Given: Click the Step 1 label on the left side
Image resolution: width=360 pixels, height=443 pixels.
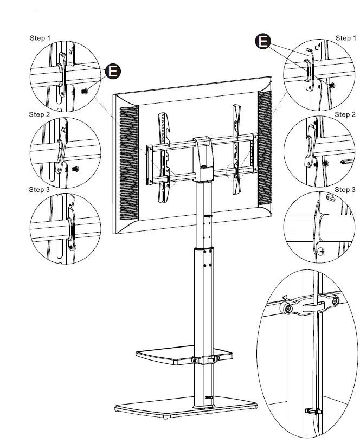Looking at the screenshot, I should tap(40, 38).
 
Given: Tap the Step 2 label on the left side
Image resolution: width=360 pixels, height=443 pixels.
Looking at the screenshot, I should tap(40, 115).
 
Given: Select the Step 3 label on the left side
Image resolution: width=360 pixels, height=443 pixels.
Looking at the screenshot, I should tap(40, 189).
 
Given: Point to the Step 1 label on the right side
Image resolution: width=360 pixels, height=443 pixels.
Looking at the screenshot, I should tap(345, 38).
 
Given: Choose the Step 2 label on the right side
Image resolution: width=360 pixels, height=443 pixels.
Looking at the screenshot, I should tap(345, 115).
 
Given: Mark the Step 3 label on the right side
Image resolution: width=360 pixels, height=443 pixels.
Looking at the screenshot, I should tap(345, 189).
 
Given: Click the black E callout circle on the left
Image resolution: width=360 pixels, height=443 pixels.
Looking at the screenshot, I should tap(113, 71).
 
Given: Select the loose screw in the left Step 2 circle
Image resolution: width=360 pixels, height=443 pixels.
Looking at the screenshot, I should tap(74, 168).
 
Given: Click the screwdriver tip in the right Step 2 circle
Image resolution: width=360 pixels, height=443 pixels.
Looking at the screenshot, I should tap(343, 161).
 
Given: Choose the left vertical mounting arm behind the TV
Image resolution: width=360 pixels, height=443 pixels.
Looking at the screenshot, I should tap(163, 157).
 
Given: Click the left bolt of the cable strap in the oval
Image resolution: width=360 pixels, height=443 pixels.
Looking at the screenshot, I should tap(288, 310).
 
